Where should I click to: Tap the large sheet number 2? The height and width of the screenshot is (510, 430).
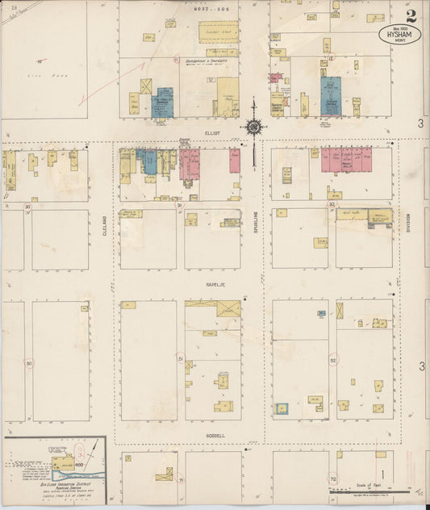[x=411, y=15]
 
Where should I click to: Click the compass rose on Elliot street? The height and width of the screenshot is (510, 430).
[x=253, y=127]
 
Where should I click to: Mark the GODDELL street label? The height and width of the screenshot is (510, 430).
[x=215, y=436]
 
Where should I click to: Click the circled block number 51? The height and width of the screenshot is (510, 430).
[x=181, y=358]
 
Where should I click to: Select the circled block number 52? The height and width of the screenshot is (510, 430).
[x=332, y=359]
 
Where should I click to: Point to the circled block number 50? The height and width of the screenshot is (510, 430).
[x=29, y=363]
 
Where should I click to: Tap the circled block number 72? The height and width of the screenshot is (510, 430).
[x=332, y=479]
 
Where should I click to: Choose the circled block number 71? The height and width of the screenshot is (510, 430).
[x=181, y=480]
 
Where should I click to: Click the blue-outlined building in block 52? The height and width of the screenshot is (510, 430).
[x=282, y=409]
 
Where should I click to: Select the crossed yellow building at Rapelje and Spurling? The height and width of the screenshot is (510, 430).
[x=228, y=308]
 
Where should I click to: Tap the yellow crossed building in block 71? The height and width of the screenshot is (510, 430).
[x=165, y=474]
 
